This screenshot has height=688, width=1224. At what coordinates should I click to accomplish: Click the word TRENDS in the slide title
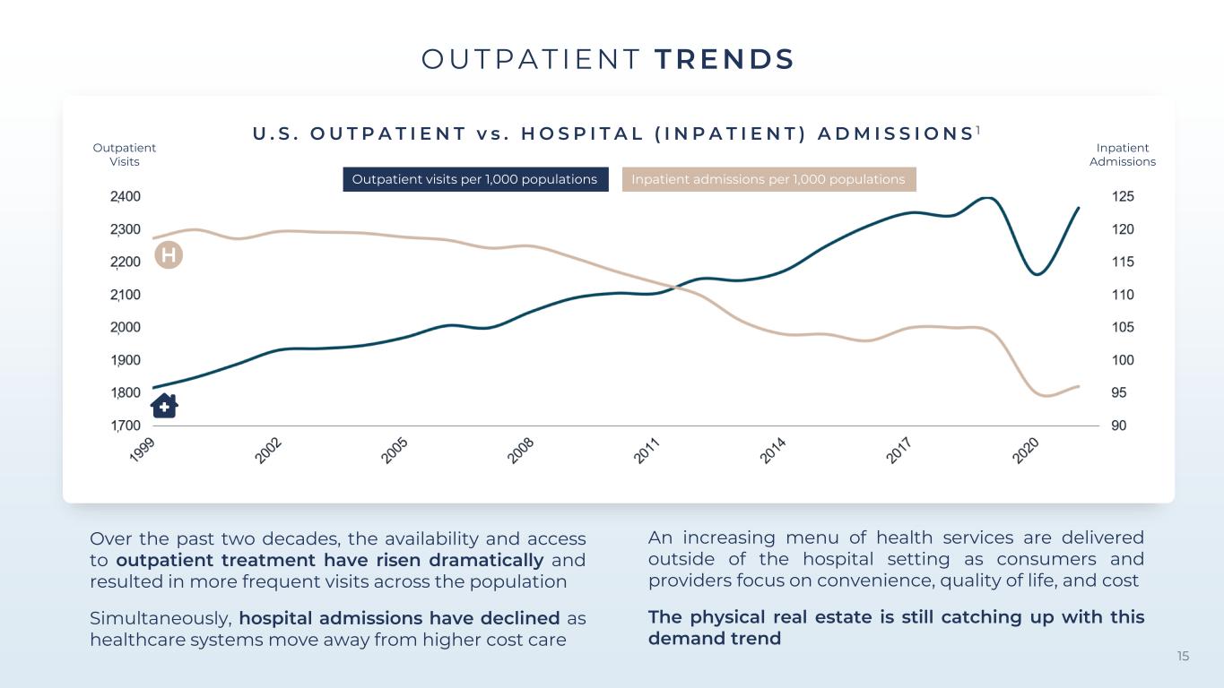tap(725, 59)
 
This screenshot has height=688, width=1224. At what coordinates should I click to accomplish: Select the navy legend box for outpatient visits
tap(475, 179)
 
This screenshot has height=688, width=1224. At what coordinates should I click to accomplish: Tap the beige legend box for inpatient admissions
tap(768, 179)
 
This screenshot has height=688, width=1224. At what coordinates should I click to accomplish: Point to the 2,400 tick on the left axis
tap(126, 196)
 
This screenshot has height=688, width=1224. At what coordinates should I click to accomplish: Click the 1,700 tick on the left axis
tap(126, 426)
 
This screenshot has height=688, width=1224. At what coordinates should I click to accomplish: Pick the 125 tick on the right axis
tap(1123, 196)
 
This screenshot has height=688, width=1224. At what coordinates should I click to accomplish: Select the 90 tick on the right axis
tap(1119, 426)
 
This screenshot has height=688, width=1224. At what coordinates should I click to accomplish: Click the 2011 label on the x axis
tap(647, 451)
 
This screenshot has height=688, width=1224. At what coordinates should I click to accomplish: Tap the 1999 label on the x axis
tap(142, 451)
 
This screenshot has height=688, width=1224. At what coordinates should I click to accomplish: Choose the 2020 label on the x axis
tap(1025, 451)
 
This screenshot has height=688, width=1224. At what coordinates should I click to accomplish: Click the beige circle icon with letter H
tap(169, 255)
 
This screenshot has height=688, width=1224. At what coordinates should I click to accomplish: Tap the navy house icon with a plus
tap(164, 406)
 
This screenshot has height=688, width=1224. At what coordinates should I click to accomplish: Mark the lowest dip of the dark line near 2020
tap(1037, 274)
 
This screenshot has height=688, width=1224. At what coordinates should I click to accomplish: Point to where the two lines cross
tap(675, 286)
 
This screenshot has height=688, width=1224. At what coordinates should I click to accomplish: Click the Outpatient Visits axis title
tap(124, 154)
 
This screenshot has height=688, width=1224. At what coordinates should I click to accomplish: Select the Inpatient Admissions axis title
tap(1123, 154)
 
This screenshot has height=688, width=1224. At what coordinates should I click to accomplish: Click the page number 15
tap(1183, 656)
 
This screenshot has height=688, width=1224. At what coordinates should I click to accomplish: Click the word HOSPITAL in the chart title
tap(583, 133)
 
